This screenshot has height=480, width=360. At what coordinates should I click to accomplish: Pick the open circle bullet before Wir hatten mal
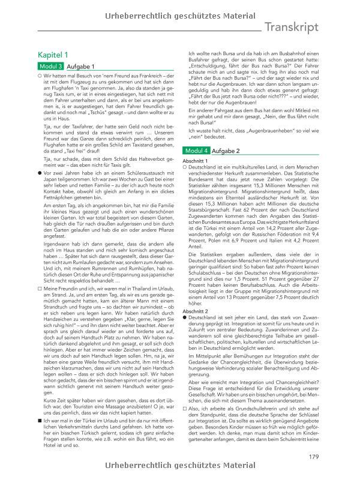point(39,76)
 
